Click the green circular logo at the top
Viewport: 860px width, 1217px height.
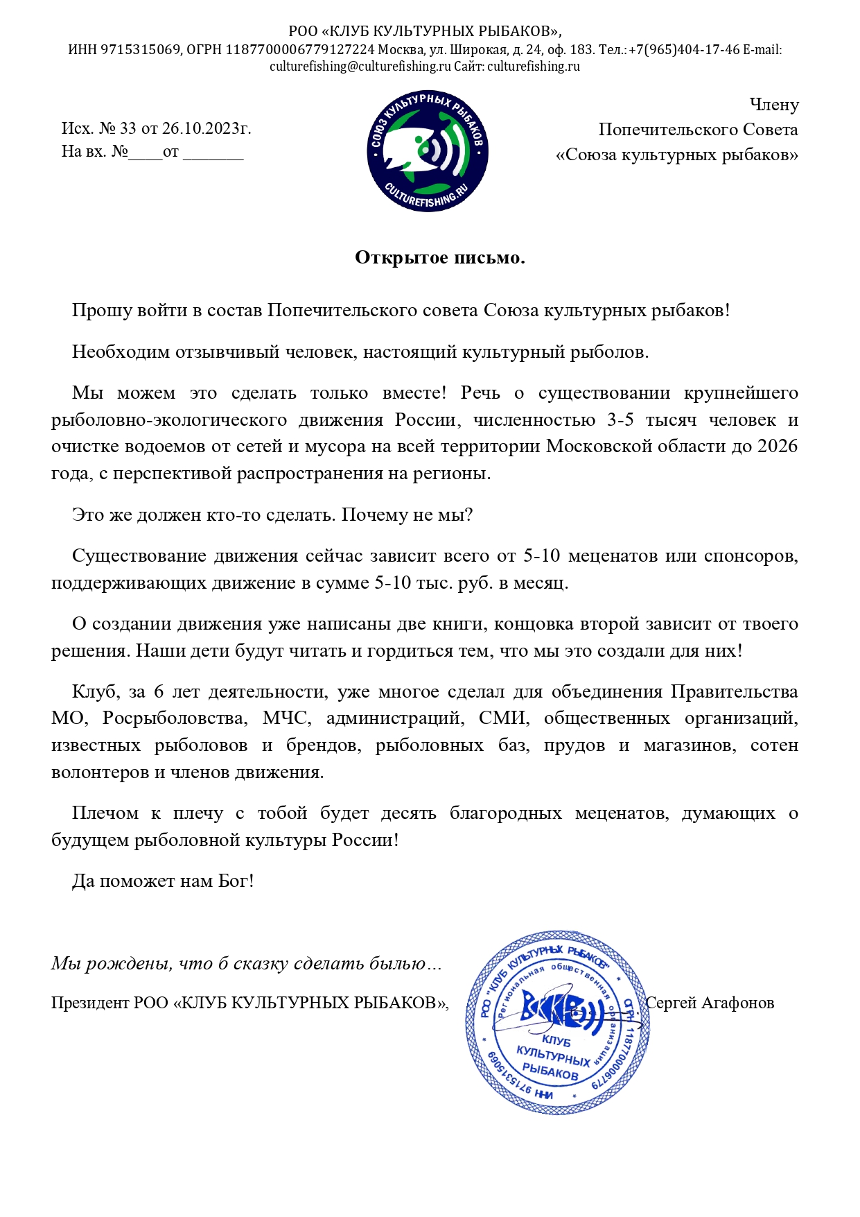tap(428, 150)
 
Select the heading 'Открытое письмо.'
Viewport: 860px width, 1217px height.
tap(439, 258)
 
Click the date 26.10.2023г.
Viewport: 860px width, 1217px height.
tap(206, 128)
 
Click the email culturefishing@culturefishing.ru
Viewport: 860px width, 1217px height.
tap(360, 67)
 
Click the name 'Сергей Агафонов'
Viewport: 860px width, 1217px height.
tap(710, 1003)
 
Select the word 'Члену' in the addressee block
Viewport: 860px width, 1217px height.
tap(774, 105)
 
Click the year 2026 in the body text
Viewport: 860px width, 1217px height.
tap(777, 446)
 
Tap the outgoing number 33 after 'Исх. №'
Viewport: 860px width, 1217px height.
tap(128, 128)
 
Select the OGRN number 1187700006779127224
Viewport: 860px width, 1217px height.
tap(300, 50)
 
